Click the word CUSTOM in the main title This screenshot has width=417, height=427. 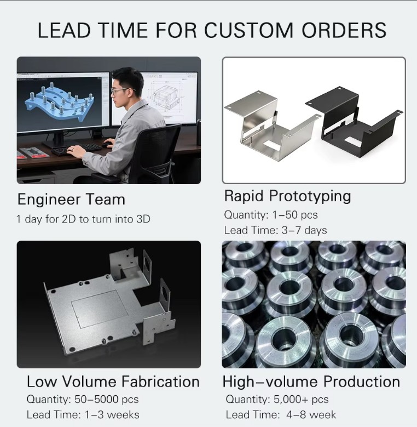coord(248,30)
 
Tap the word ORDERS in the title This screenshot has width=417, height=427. coord(344,30)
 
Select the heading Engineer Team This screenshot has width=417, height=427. coord(71,200)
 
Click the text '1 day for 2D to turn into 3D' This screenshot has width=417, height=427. coord(83,219)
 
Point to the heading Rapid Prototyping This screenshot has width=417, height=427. coord(288,197)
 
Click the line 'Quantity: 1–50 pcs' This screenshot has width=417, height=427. coord(271,215)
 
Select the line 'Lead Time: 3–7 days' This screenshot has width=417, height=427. coord(275,230)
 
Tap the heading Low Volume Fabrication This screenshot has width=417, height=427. coord(113,382)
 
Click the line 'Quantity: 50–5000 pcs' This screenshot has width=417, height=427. coord(83,400)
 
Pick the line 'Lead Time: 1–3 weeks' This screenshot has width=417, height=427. coord(83,415)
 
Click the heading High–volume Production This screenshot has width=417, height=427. coord(311,382)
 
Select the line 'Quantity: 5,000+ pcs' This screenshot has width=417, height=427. coord(277,400)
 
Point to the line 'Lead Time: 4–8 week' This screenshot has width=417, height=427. coord(281,415)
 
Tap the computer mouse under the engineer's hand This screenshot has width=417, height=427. coord(108,145)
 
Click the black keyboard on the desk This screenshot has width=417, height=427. coord(77,149)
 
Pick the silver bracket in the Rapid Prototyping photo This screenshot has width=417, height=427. coord(272,128)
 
